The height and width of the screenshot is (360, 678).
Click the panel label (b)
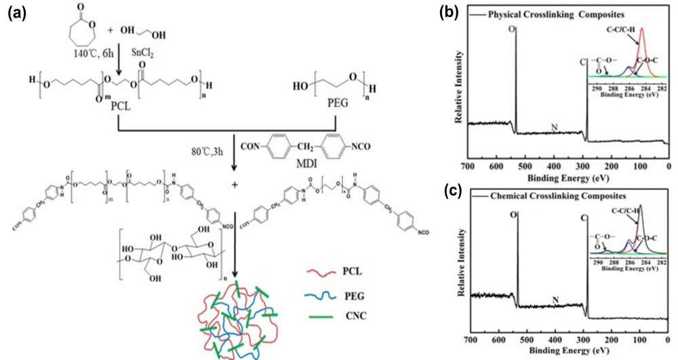click(x=450, y=12)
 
